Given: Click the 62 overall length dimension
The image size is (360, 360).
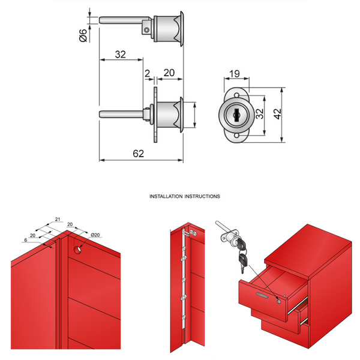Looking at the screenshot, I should click(x=138, y=154).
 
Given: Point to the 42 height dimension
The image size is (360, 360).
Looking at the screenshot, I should click(x=277, y=115).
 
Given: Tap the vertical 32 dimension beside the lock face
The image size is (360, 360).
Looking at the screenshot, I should click(x=260, y=115).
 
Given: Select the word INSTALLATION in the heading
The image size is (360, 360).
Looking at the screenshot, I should click(x=167, y=196).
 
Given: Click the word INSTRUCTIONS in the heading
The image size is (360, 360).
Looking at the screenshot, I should click(x=203, y=196).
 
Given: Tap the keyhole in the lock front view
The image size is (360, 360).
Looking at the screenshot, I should click(x=236, y=114).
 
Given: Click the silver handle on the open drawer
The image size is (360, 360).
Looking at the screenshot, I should click(x=263, y=294).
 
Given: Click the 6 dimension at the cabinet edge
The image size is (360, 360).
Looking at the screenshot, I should click(x=26, y=239).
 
